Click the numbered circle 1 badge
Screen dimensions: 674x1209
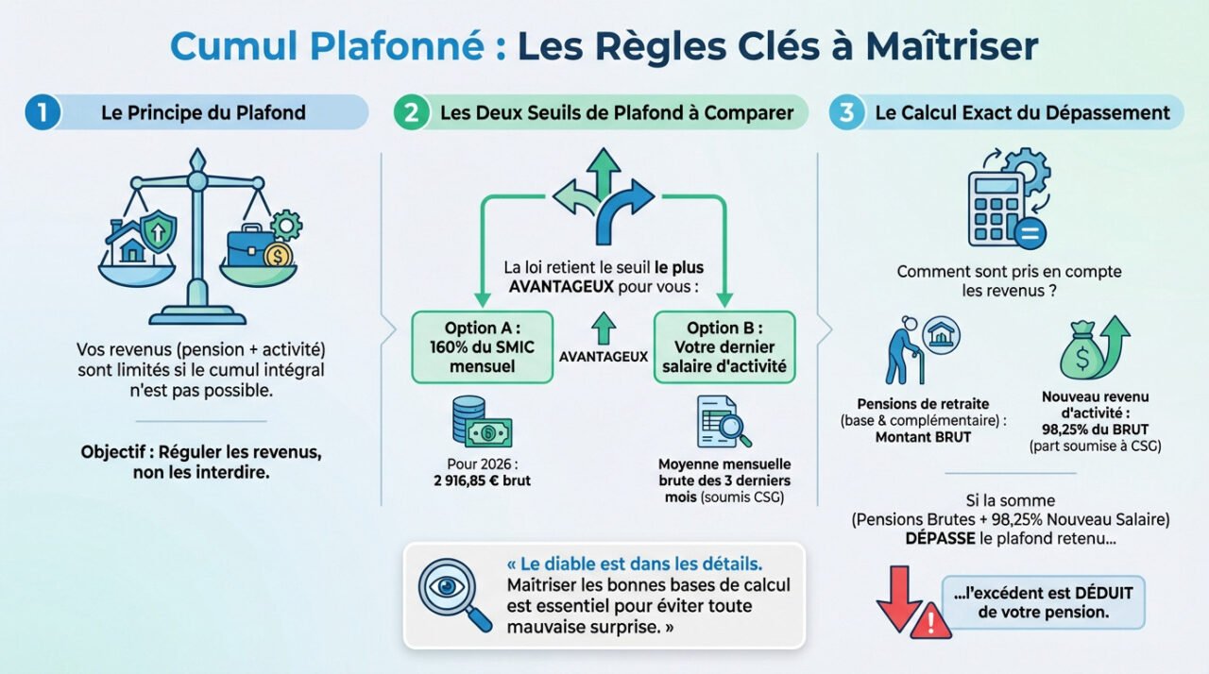coord(42,113)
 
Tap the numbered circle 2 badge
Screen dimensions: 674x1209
coord(410,113)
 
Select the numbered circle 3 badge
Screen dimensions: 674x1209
coord(846,113)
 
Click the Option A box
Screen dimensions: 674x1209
coord(482,347)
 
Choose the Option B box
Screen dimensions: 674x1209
coord(724,347)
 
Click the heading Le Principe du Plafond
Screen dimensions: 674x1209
coord(203,113)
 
